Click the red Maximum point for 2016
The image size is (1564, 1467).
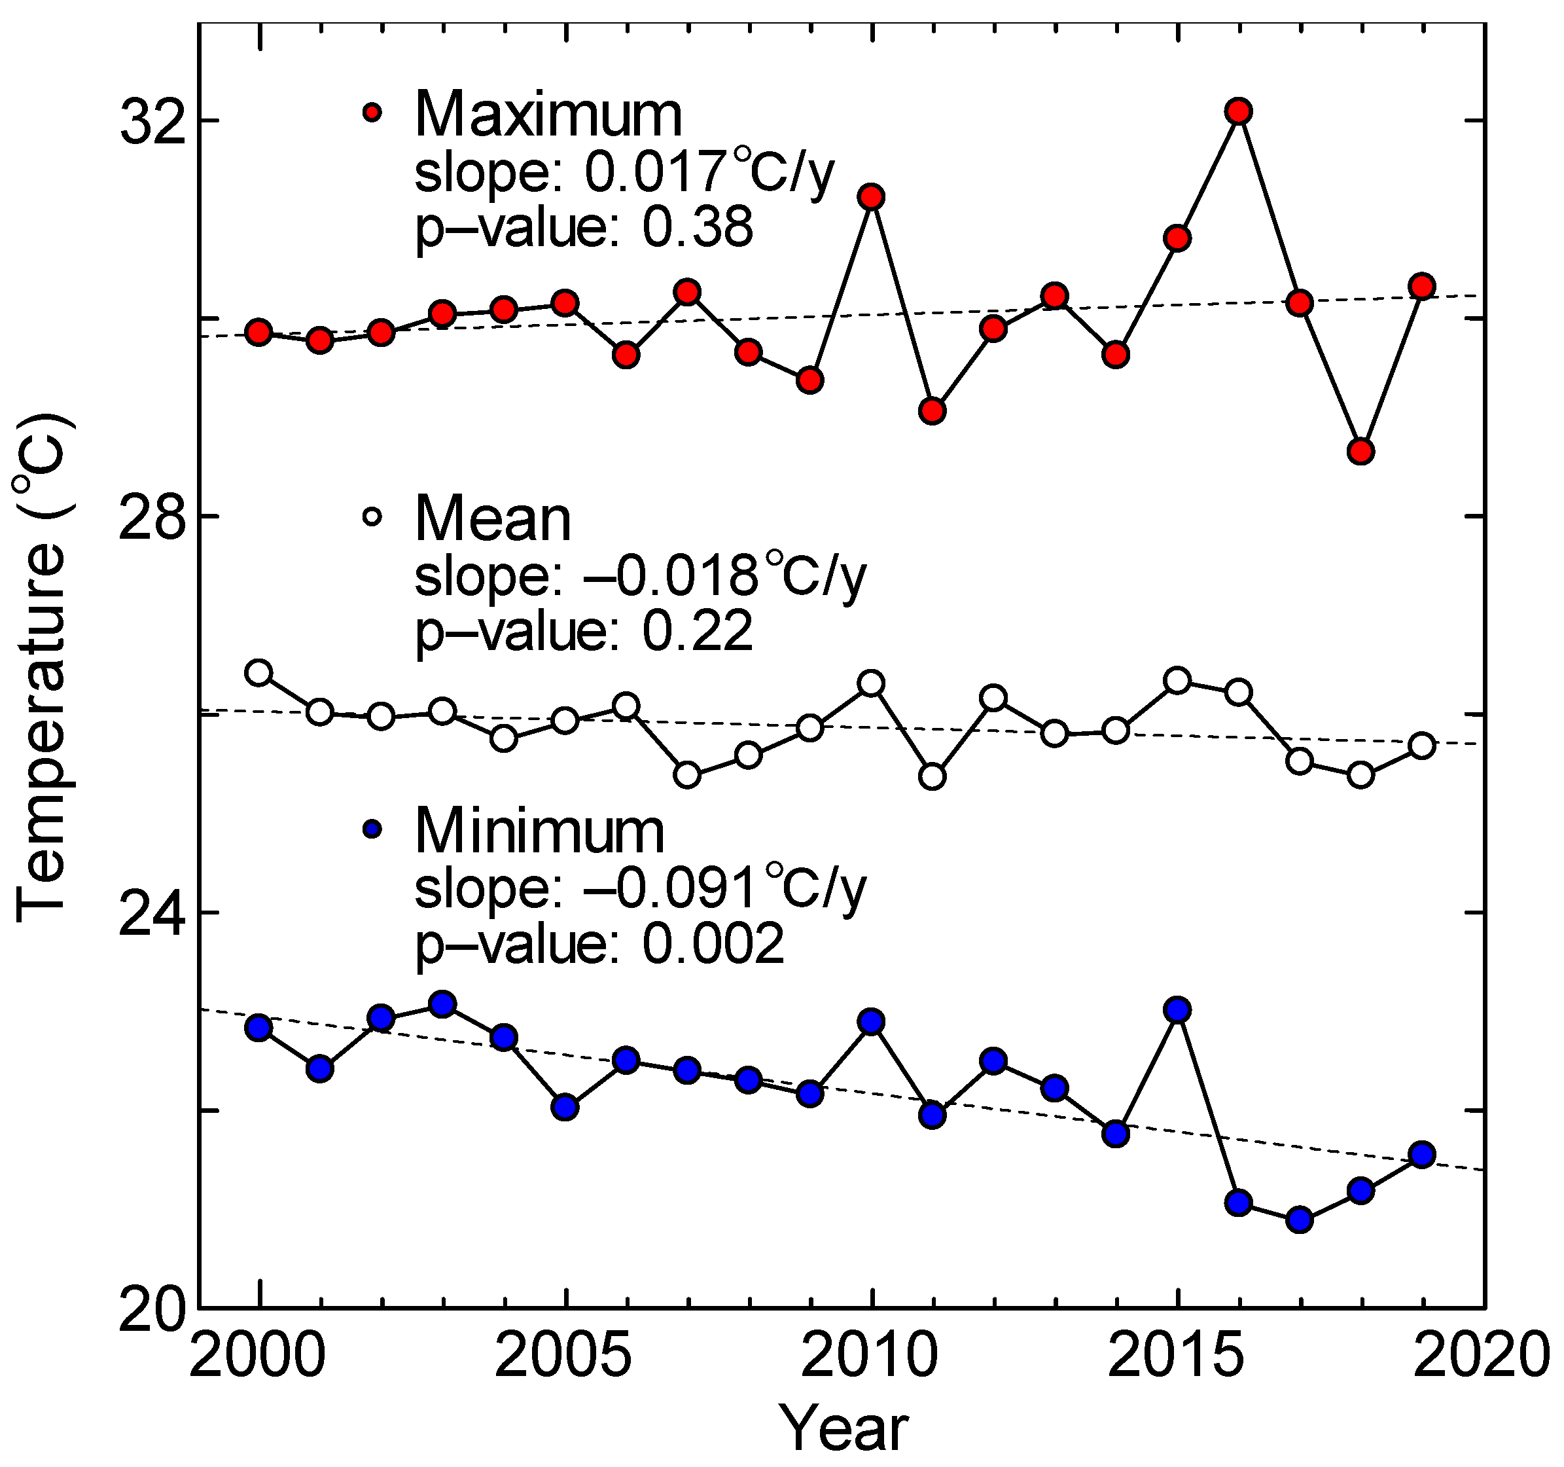pos(1238,111)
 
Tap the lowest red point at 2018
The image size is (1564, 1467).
pos(1361,451)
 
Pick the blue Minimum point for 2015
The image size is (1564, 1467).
pos(1177,1009)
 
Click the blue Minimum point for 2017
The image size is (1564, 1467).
pos(1300,1220)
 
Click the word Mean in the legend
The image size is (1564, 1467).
pos(493,519)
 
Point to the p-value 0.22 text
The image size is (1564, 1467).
pos(697,631)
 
